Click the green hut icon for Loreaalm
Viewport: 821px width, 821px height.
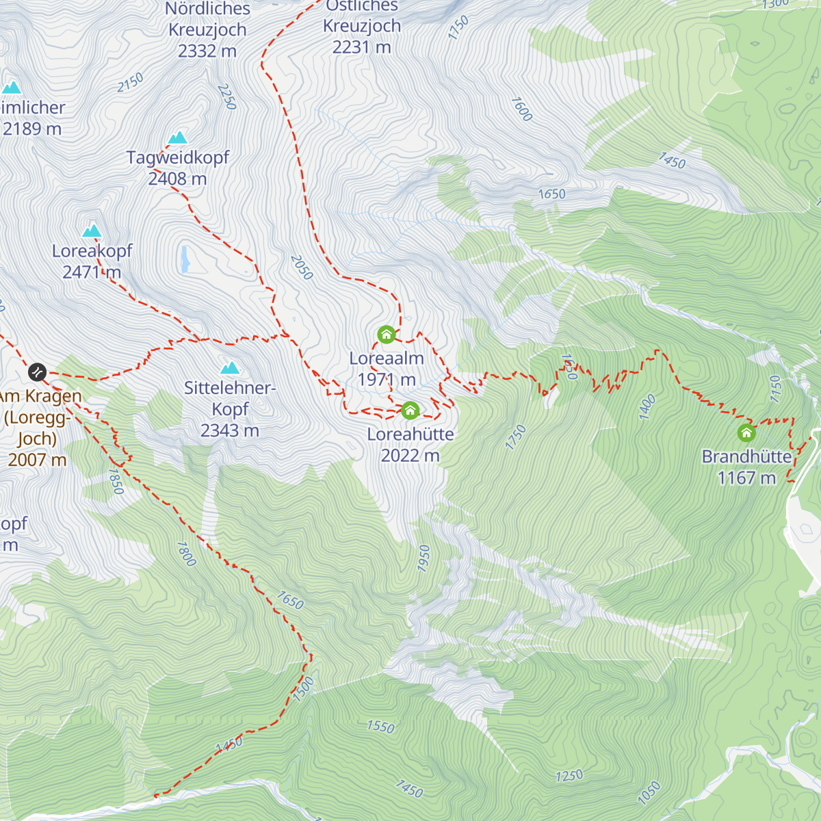[386, 335]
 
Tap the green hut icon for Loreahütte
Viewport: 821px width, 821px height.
[410, 410]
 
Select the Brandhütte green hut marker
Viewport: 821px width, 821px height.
[746, 432]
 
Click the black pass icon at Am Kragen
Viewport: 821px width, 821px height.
[37, 372]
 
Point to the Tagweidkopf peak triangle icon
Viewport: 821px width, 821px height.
[178, 138]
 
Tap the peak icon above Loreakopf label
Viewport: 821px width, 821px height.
[92, 231]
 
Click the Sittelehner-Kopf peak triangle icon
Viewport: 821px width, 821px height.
[230, 368]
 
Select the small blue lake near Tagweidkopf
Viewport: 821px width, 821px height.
[185, 259]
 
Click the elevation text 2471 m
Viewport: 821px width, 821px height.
[92, 272]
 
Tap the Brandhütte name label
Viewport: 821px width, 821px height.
[746, 456]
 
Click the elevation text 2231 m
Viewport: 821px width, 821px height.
[361, 47]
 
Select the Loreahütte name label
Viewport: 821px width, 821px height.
[410, 434]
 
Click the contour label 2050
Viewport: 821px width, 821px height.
[302, 268]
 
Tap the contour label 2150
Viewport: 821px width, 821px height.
[130, 83]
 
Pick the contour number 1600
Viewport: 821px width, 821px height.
[521, 109]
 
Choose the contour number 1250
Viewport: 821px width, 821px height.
[569, 776]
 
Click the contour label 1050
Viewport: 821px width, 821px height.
[649, 793]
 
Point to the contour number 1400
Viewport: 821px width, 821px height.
[647, 406]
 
